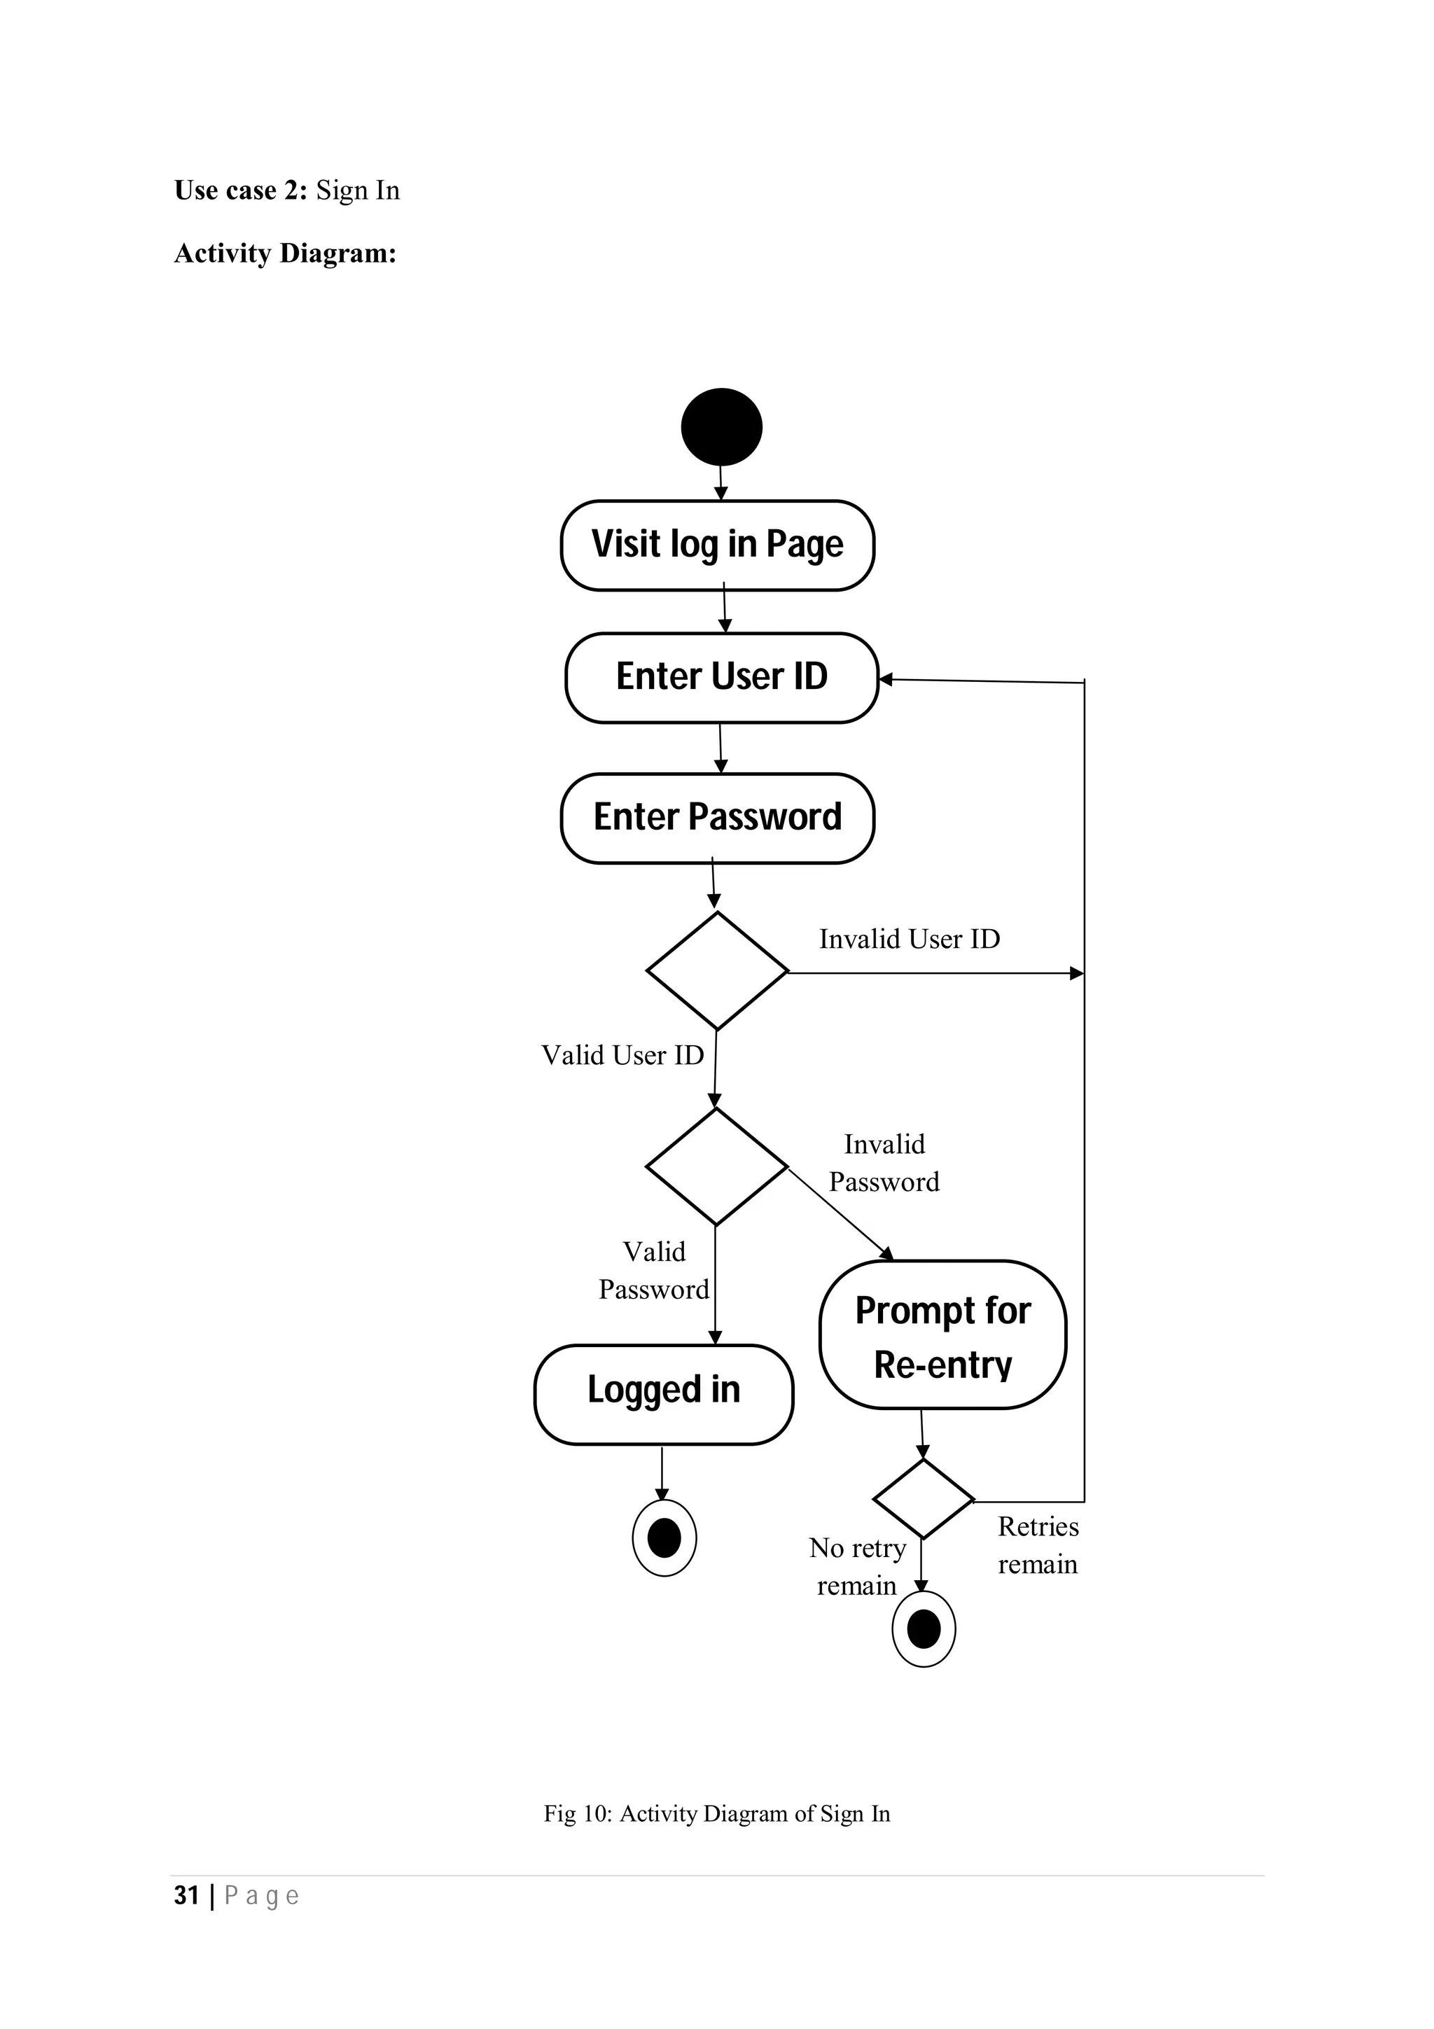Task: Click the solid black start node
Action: [721, 427]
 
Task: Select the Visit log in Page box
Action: [718, 545]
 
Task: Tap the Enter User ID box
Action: [721, 677]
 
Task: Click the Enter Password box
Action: [718, 818]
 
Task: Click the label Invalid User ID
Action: [909, 938]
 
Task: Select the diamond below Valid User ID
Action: [716, 1166]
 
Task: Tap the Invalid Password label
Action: [884, 1163]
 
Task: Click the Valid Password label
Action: [654, 1270]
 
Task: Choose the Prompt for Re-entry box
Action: [942, 1337]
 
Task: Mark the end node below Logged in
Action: [664, 1538]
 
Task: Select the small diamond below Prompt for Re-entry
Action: [924, 1499]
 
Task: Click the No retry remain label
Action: [857, 1566]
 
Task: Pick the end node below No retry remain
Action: [924, 1629]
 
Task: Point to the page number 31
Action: [186, 1895]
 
